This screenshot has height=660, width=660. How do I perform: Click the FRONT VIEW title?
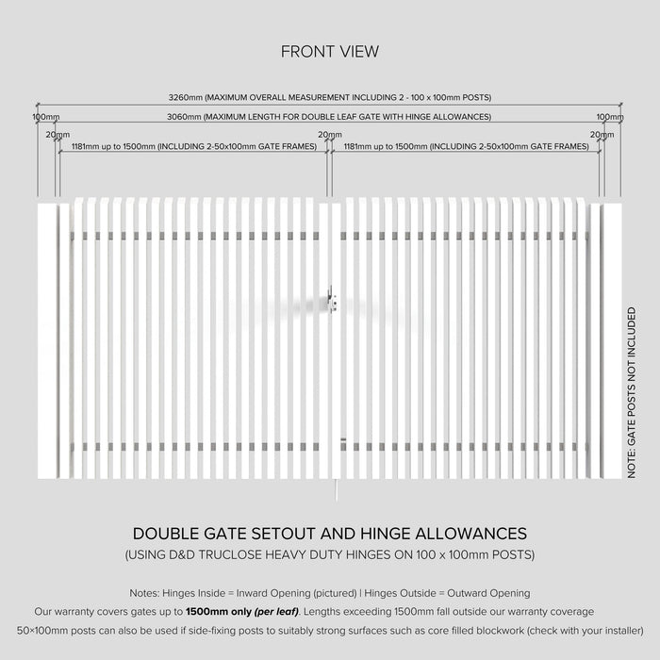330,52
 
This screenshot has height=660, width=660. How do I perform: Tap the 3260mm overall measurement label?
330,97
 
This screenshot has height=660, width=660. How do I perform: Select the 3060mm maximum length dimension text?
330,117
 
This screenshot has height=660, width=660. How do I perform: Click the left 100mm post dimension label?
45,117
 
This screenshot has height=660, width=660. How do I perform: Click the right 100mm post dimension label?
609,117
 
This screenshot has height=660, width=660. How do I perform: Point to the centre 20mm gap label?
329,135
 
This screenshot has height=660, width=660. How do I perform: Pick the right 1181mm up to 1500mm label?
467,147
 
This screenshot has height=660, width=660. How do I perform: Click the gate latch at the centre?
331,300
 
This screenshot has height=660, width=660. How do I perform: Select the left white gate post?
45,339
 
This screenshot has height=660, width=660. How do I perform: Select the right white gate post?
612,339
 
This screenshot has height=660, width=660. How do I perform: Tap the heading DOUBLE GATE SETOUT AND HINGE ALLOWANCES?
330,534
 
